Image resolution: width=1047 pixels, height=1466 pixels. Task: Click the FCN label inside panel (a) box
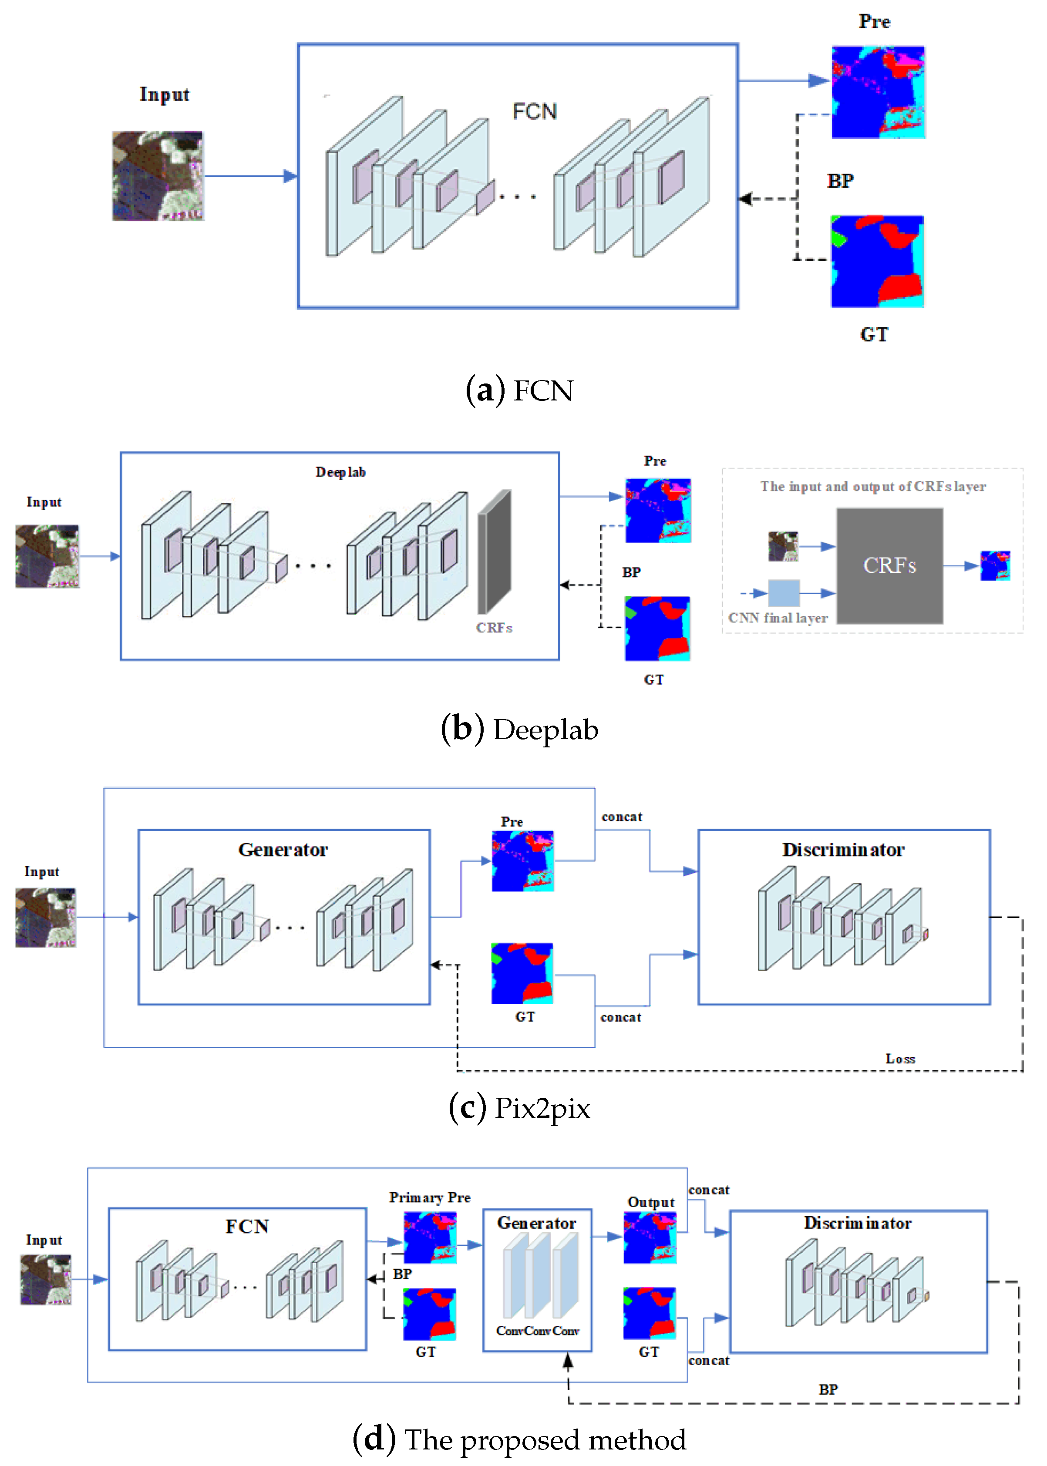pos(535,111)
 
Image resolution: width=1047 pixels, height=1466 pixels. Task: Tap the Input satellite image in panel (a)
pos(158,176)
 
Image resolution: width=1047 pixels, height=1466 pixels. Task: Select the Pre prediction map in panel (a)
pos(878,92)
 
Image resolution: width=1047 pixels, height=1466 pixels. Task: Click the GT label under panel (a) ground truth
pos(874,335)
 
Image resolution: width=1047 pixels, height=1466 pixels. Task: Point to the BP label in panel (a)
pos(841,181)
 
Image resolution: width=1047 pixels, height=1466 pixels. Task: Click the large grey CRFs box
pos(890,565)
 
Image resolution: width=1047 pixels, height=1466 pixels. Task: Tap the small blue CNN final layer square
pos(784,592)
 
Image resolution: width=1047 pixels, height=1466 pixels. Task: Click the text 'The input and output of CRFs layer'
pos(873,487)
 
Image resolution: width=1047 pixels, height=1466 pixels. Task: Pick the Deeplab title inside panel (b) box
pos(340,472)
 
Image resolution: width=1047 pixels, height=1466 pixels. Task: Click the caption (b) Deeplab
pos(520,729)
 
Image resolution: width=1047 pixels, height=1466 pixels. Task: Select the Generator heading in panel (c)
pos(283,850)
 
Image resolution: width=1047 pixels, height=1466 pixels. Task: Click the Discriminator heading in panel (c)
pos(843,850)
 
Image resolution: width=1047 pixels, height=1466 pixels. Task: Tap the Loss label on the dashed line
pos(900,1059)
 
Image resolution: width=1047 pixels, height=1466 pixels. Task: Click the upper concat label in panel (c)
pos(622,817)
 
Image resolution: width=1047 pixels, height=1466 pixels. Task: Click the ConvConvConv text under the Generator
pos(538,1331)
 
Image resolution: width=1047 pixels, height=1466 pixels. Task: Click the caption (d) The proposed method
pos(520,1439)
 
